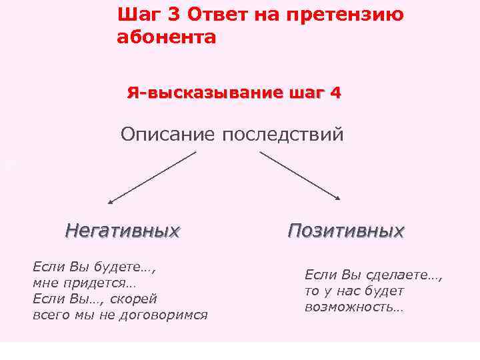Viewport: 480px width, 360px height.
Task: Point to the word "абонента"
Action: [166, 37]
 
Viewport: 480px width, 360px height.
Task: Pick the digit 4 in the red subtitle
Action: [334, 93]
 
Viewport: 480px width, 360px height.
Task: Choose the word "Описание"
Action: [168, 135]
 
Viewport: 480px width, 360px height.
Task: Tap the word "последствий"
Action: [283, 135]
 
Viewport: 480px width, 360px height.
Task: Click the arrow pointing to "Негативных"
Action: [151, 177]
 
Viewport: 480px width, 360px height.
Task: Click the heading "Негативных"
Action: [123, 231]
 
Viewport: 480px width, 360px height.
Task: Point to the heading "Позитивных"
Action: [345, 231]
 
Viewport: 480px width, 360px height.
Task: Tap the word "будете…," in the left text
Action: [127, 267]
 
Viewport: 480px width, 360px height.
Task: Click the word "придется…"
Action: [97, 283]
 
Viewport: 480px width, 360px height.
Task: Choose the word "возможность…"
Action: [354, 307]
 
